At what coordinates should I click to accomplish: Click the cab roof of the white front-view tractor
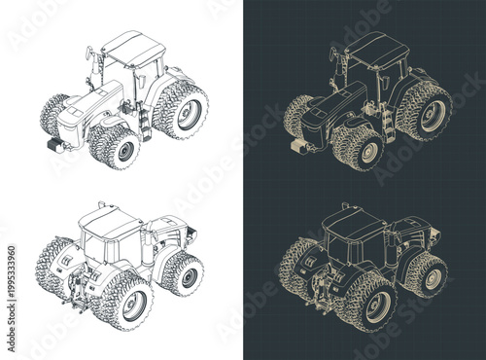point(134,46)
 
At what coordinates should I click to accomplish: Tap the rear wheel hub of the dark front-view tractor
point(428,114)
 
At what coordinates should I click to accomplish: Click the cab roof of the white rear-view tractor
point(109,223)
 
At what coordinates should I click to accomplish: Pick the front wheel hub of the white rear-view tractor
point(186,276)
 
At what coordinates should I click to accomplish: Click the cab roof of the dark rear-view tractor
point(352,223)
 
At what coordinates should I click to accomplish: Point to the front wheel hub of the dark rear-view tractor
point(429,276)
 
